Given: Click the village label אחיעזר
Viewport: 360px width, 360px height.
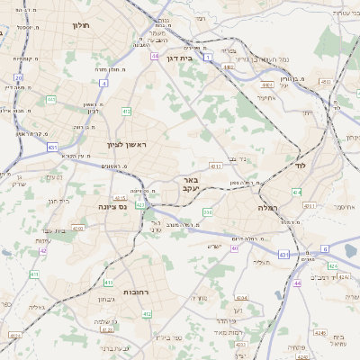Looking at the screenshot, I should tap(265, 98).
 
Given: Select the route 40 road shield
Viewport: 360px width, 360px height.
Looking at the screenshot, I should tap(235, 248).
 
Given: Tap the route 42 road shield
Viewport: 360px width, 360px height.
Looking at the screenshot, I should tap(42, 251).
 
